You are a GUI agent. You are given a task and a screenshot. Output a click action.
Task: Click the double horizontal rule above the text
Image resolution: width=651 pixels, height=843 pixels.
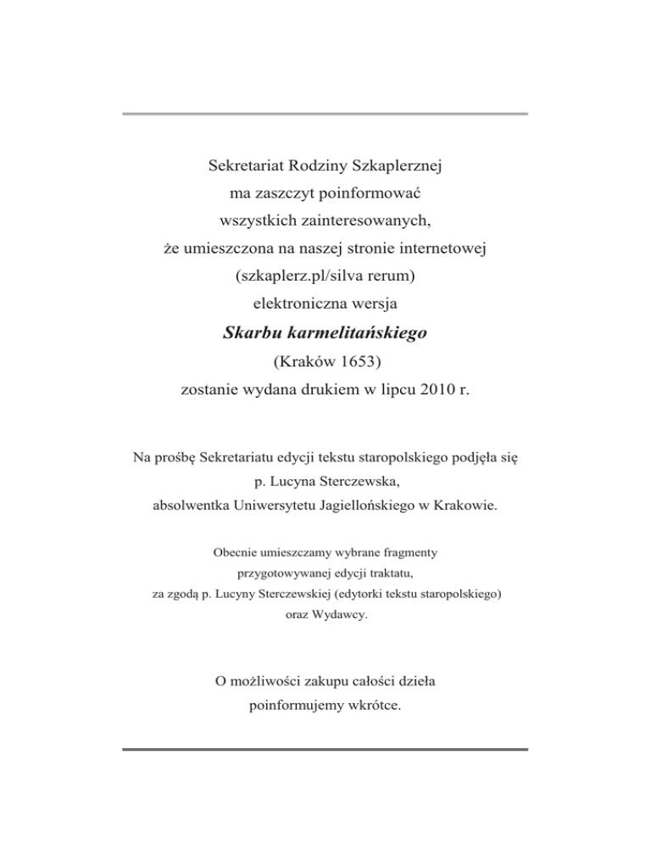[x=325, y=114]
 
